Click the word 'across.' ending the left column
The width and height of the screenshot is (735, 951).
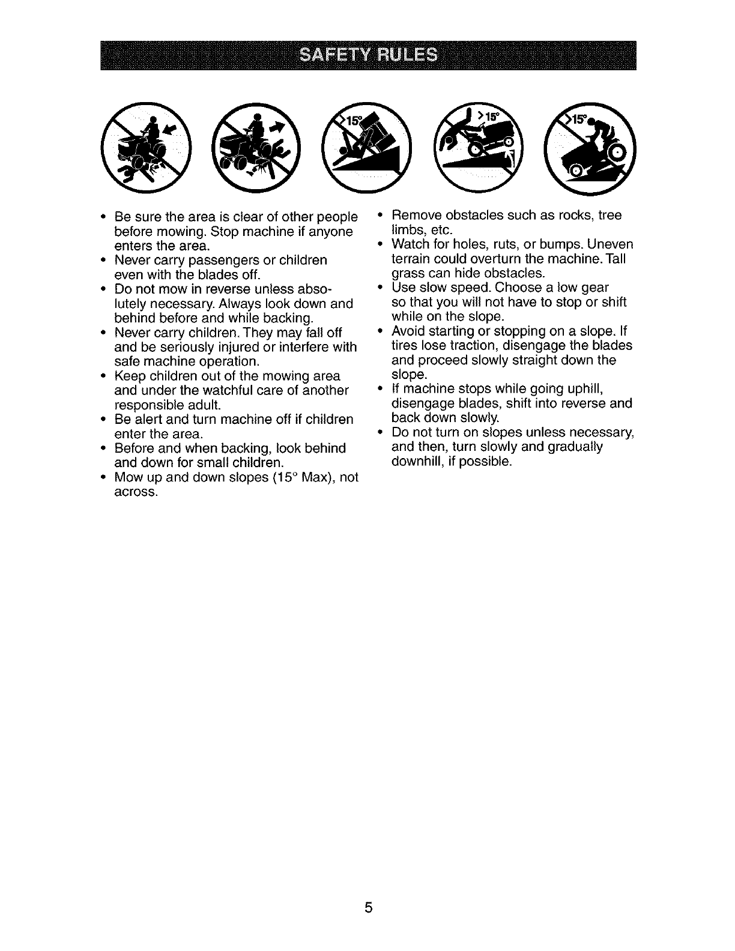pos(136,492)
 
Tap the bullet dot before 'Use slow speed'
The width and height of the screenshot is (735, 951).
pos(381,288)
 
